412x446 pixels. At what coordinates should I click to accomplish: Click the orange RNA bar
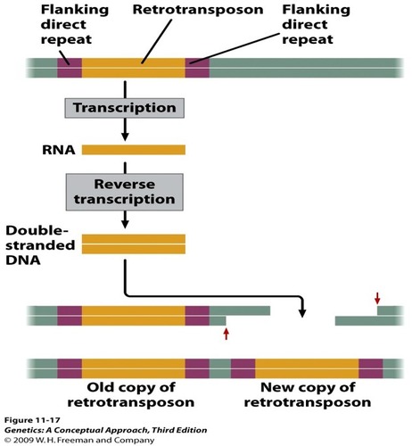click(134, 149)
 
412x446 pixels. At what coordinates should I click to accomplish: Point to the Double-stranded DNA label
click(39, 238)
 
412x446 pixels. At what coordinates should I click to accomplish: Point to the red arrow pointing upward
click(226, 334)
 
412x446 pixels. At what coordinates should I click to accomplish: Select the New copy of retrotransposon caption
click(308, 395)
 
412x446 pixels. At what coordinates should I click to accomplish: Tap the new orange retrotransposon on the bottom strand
click(308, 368)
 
